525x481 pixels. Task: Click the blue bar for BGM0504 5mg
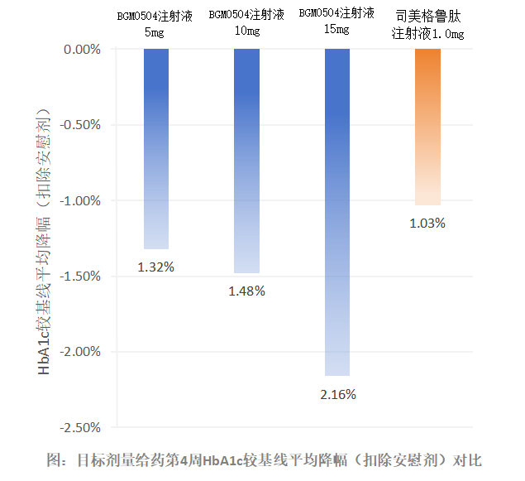(156, 149)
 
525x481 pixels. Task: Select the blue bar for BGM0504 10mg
(246, 161)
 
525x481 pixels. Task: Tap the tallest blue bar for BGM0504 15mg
(337, 212)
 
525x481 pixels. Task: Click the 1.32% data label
(156, 267)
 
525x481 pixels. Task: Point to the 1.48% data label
(246, 291)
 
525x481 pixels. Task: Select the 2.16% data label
(337, 394)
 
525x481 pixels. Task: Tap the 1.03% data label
(427, 223)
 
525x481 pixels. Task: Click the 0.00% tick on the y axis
(81, 49)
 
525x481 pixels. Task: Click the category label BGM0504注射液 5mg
(156, 23)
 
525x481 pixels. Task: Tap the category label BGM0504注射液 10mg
(246, 22)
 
